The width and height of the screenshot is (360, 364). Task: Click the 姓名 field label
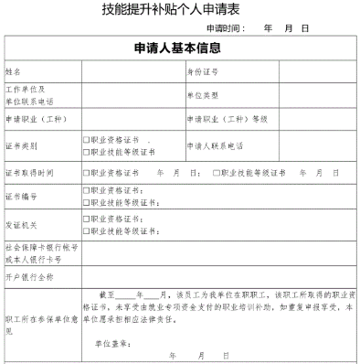click(x=14, y=70)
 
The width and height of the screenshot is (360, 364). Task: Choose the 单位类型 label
click(x=203, y=95)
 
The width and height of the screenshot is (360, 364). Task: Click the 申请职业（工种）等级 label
click(x=220, y=120)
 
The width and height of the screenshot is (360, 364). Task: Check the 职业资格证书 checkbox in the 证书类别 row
click(x=86, y=140)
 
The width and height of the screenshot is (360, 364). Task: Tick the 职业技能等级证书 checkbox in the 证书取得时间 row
click(x=216, y=173)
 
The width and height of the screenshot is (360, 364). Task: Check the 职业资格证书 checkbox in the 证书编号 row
click(x=86, y=190)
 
